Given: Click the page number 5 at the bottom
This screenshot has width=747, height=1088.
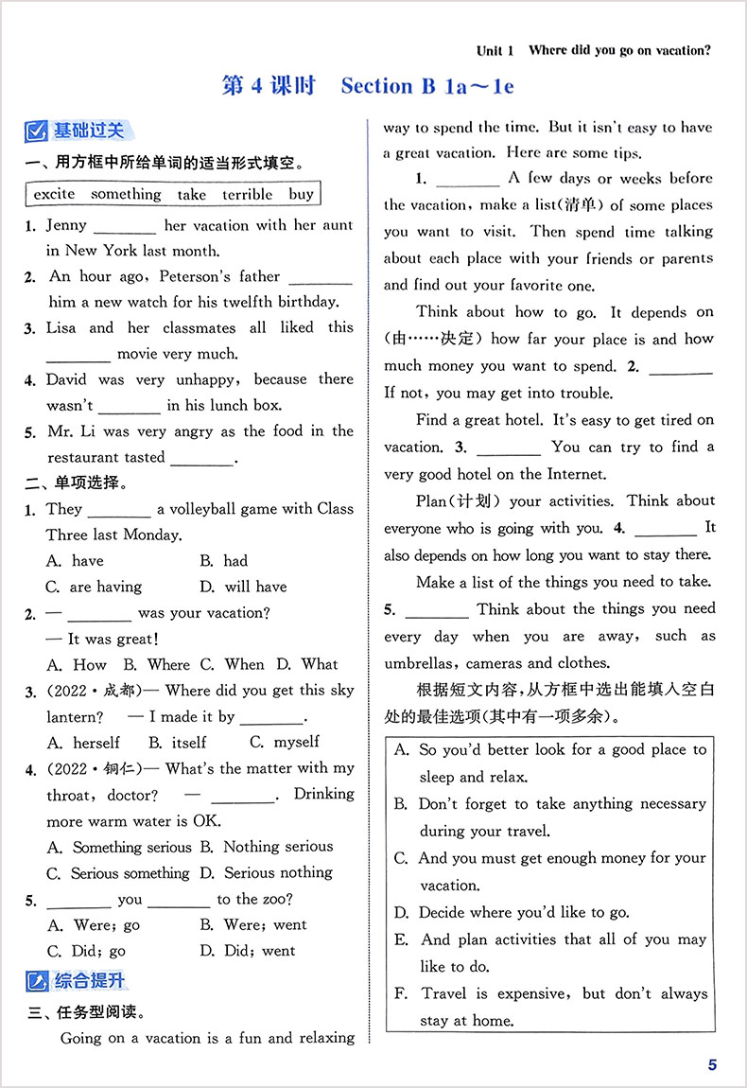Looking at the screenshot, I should [x=712, y=1065].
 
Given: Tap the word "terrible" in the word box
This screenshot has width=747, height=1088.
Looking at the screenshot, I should [x=247, y=194].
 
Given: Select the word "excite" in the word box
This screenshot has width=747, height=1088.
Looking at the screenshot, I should [x=54, y=194].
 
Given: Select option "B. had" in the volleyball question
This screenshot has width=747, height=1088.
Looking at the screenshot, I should [x=223, y=561].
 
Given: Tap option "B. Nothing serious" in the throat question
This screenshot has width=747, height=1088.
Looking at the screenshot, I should [x=267, y=847].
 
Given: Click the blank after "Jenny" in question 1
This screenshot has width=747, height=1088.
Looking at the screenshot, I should [x=125, y=227].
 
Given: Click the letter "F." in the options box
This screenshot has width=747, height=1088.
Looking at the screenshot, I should [x=401, y=993].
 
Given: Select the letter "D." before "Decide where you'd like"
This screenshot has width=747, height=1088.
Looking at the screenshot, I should [x=401, y=913].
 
